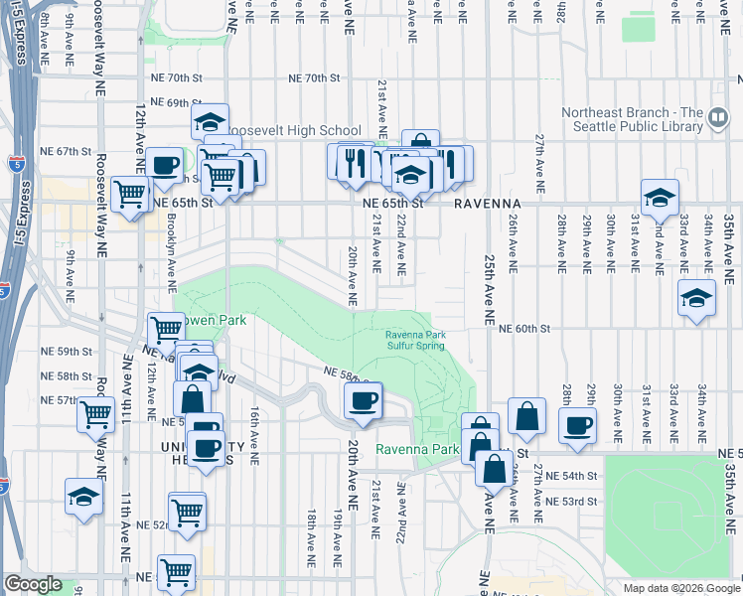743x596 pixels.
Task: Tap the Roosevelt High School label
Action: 295,130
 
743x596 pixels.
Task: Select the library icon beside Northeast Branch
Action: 718,120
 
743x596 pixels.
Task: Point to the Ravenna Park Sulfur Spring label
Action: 416,341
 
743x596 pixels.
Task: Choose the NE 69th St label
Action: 178,103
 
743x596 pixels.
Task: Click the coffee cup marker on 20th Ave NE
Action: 362,400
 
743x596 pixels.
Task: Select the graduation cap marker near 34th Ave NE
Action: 696,297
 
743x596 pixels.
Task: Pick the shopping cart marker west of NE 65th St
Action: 130,194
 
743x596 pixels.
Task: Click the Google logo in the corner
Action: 34,584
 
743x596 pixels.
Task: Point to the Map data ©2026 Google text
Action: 680,588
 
